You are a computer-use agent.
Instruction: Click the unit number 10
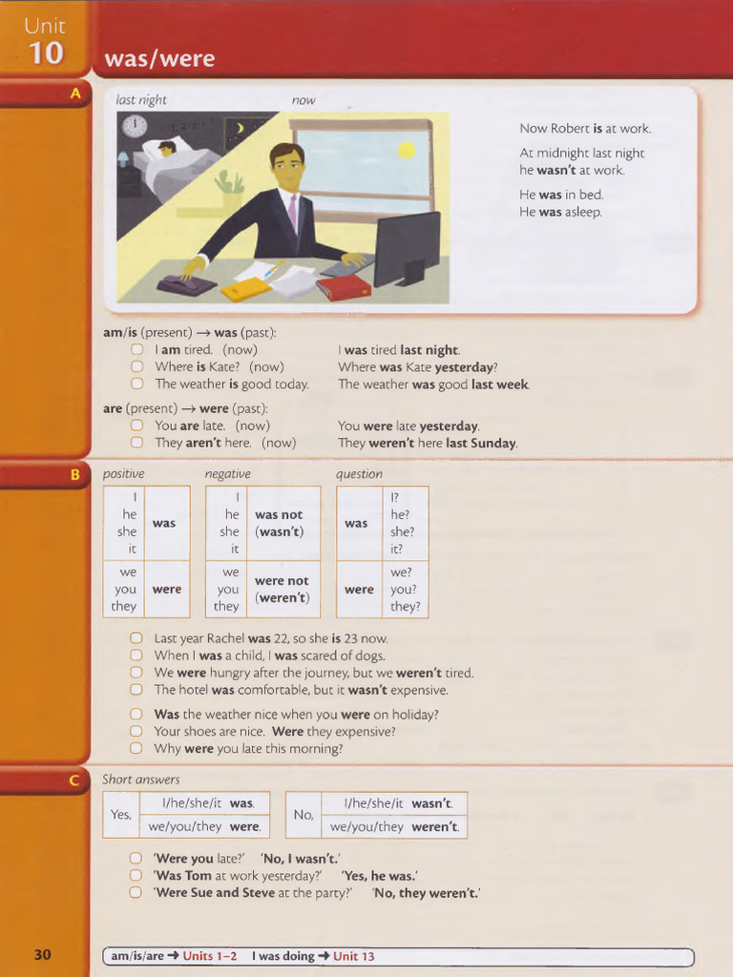pos(45,53)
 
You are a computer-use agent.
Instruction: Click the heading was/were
pos(159,60)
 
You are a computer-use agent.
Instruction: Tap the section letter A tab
pos(75,94)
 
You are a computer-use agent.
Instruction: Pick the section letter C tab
pos(75,780)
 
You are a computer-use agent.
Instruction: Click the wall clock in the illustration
pos(134,126)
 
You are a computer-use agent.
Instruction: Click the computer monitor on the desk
pos(408,247)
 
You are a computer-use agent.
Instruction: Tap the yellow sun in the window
pos(407,150)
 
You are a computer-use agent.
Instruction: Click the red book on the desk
pos(344,287)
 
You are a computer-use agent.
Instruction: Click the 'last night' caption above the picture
pos(141,100)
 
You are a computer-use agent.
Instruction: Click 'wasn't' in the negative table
pos(280,531)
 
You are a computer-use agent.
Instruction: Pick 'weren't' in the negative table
pos(283,598)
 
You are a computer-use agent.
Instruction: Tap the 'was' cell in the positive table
pos(164,523)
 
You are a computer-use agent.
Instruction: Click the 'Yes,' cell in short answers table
pos(121,815)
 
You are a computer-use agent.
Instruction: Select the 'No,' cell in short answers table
pos(304,815)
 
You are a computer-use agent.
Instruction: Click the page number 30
pos(43,955)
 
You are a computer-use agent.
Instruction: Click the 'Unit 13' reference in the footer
pos(353,956)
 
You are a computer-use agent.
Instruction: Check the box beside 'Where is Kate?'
pos(136,366)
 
